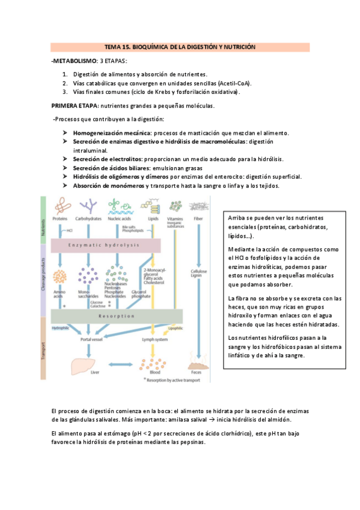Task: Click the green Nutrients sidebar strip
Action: coord(43,219)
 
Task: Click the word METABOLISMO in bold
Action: coord(75,61)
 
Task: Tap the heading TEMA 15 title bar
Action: coord(180,46)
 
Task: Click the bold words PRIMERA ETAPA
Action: coord(75,105)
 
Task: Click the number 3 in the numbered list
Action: coord(64,92)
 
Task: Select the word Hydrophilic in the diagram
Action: coord(61,328)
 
